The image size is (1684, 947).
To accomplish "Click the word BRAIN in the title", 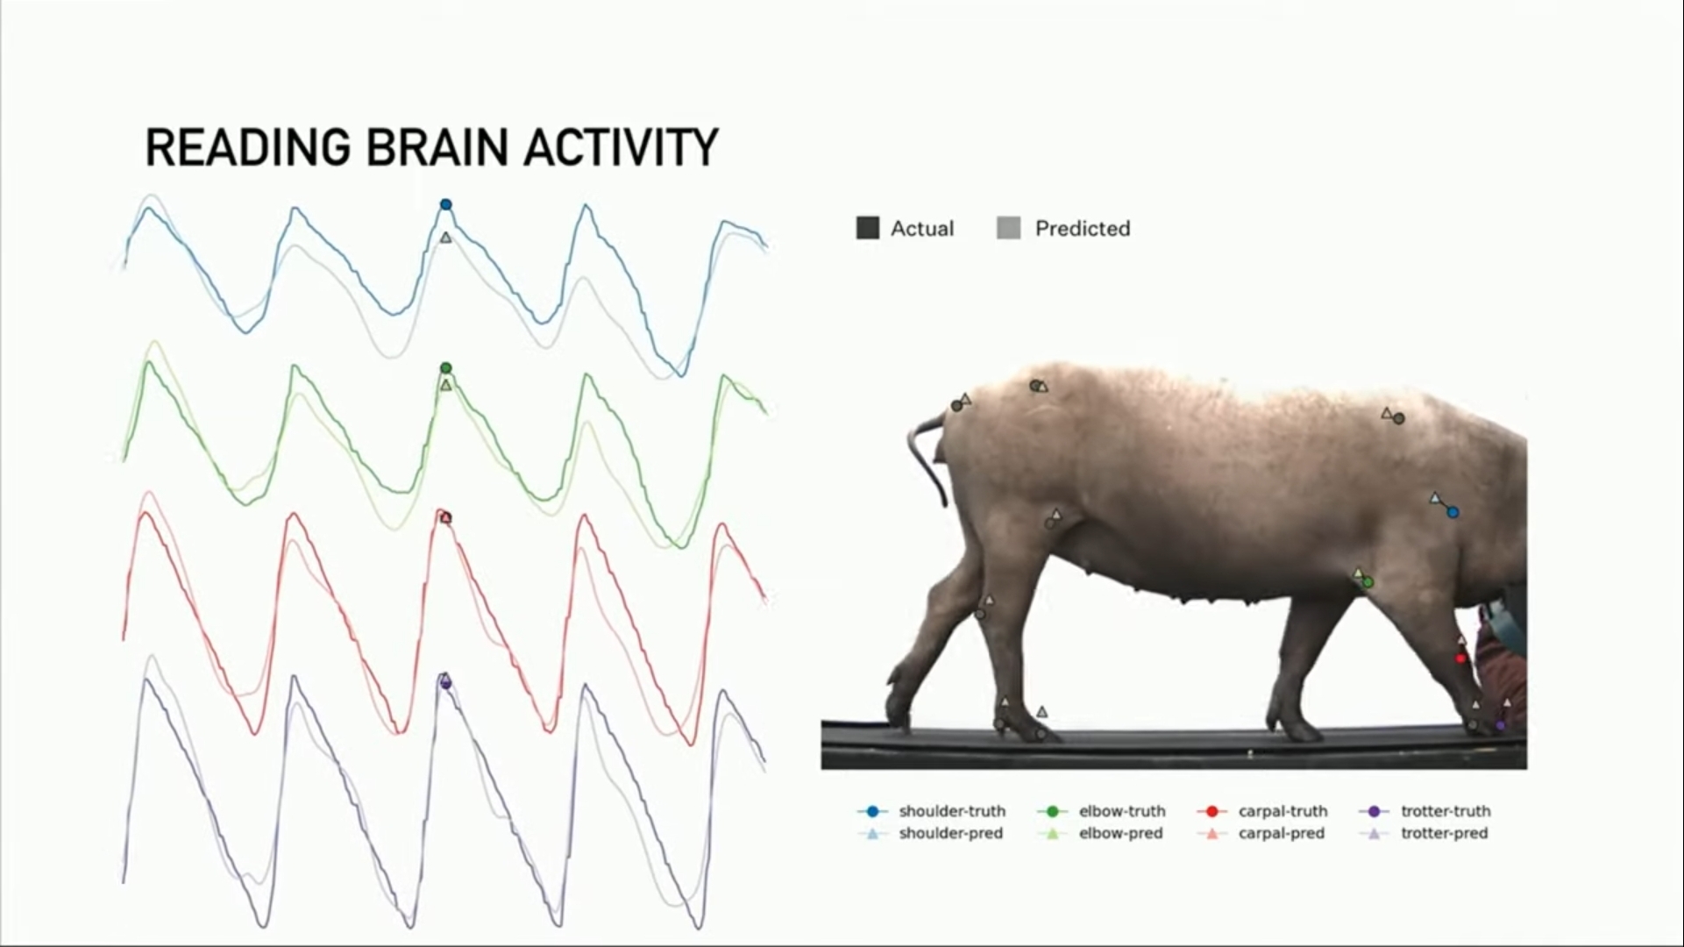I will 437,147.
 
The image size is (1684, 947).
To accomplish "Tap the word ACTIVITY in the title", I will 621,147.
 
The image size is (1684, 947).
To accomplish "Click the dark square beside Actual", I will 867,229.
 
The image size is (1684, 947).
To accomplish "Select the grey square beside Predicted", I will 1008,229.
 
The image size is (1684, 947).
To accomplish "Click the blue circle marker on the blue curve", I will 445,204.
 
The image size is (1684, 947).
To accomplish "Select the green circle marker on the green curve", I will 445,368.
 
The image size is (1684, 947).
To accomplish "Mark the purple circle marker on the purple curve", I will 445,683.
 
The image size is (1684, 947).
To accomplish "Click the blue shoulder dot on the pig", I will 1453,512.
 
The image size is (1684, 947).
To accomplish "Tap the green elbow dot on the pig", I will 1368,582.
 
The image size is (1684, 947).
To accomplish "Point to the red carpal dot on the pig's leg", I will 1460,659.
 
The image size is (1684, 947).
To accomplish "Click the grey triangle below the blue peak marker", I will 445,238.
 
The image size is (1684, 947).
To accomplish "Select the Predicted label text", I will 1082,229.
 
